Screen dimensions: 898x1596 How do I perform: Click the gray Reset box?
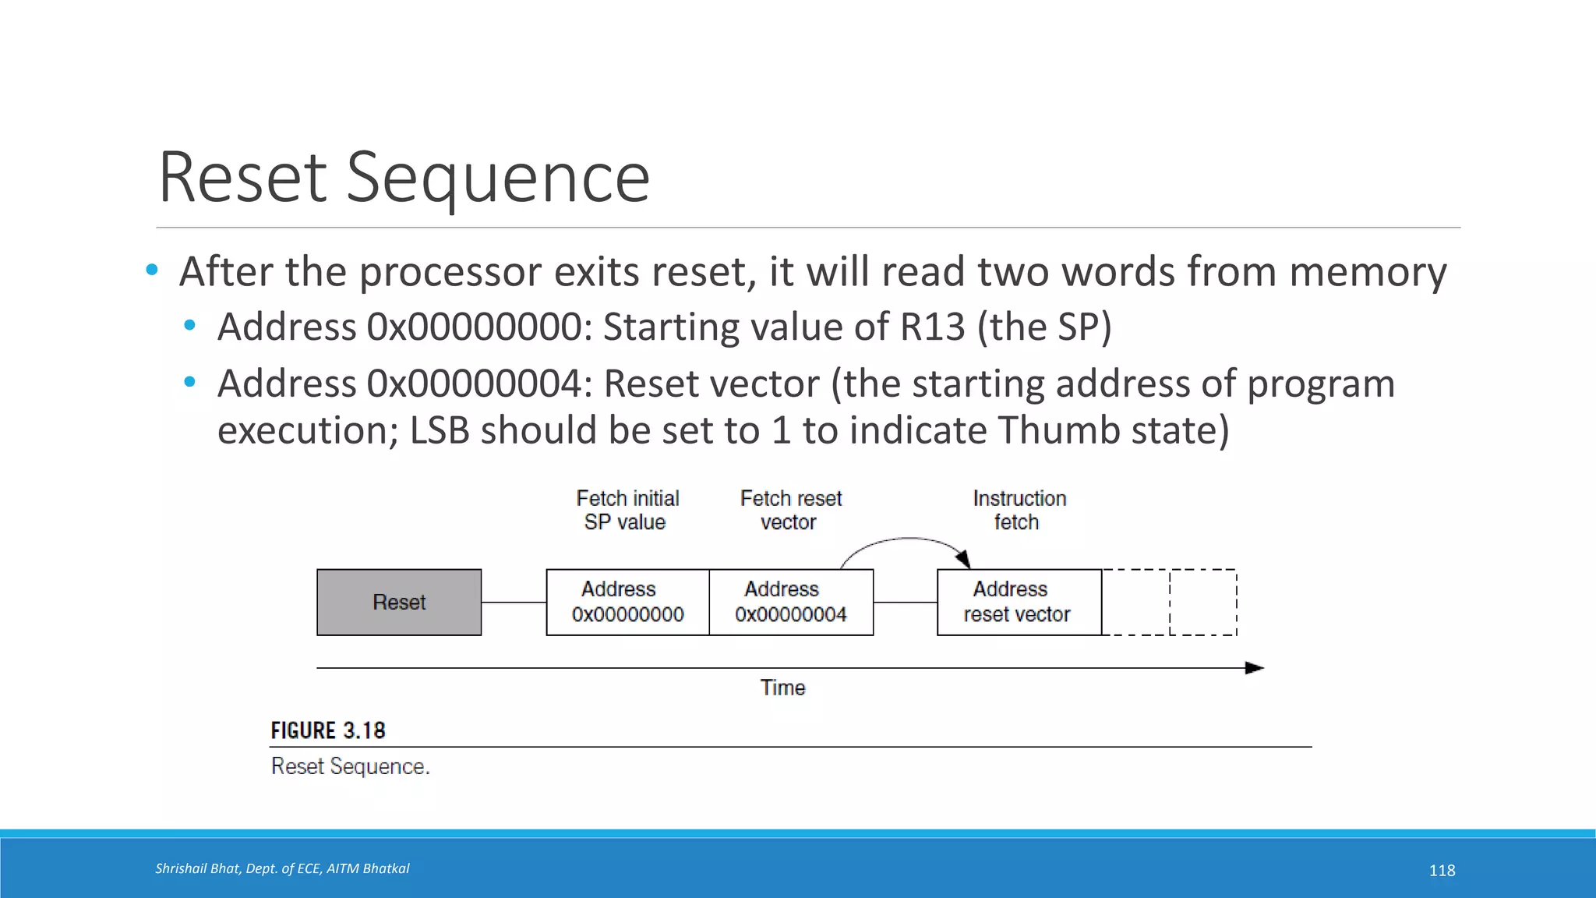coord(399,603)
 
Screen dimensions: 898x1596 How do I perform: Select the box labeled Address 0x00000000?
coord(628,603)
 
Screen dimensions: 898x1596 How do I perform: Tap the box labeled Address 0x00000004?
coord(791,603)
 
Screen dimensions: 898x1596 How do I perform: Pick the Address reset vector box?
coord(1019,603)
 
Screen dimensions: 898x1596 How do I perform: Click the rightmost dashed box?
coord(1202,603)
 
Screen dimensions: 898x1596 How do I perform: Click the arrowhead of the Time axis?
coord(1255,668)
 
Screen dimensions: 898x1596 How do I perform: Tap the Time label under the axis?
coord(782,688)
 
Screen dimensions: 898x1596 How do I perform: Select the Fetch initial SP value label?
coord(627,510)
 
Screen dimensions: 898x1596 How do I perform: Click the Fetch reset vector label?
coord(790,510)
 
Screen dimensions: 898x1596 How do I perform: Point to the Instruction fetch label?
coord(1019,510)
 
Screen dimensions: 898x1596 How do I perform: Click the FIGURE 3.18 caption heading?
coord(328,730)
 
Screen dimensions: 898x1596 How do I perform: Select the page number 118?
coord(1442,871)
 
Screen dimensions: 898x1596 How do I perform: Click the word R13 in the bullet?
coord(933,327)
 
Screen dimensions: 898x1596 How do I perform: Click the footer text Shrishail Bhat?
coord(196,868)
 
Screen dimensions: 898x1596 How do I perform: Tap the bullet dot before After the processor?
coord(152,270)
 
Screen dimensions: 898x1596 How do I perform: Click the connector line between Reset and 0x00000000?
coord(514,603)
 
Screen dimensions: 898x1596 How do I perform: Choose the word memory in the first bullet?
coord(1368,272)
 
